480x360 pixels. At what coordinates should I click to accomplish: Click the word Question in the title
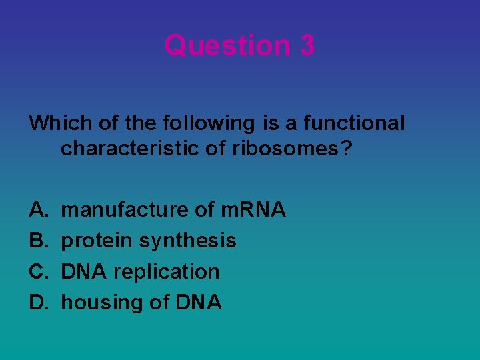pos(219,45)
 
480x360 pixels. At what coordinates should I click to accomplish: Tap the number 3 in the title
pos(307,45)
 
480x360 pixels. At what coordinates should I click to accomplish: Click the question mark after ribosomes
pos(345,149)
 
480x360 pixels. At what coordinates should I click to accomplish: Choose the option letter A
pos(37,210)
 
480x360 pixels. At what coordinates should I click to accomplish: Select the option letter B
pos(37,241)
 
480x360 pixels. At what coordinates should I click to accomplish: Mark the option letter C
pos(37,272)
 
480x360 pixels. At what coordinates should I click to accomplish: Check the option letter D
pos(37,303)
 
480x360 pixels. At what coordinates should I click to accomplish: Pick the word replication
pos(166,272)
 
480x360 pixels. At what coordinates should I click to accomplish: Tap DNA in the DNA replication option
pos(85,272)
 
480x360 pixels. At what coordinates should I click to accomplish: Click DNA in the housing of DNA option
pos(198,303)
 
